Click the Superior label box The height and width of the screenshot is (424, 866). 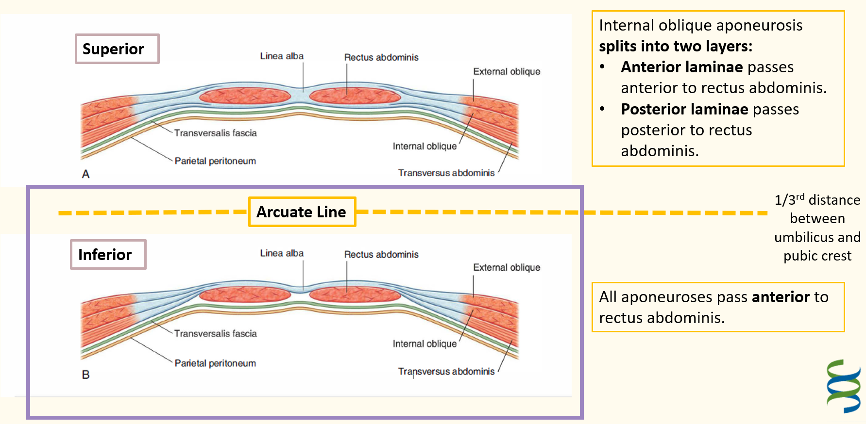pyautogui.click(x=117, y=49)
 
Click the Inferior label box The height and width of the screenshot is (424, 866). pyautogui.click(x=108, y=254)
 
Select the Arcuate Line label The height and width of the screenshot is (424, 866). pyautogui.click(x=302, y=212)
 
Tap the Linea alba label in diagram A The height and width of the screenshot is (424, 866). pyautogui.click(x=282, y=56)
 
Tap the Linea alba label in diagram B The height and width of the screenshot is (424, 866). pyautogui.click(x=282, y=253)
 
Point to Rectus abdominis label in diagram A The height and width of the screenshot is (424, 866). pyautogui.click(x=381, y=57)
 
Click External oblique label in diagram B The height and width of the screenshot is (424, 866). pyautogui.click(x=507, y=267)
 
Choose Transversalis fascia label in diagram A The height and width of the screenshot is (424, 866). pyautogui.click(x=215, y=133)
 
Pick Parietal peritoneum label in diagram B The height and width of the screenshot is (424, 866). pyautogui.click(x=215, y=363)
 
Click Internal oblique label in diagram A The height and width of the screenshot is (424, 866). pyautogui.click(x=425, y=146)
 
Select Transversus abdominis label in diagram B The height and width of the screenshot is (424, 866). pyautogui.click(x=446, y=371)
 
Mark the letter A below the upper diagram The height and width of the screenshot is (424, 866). pyautogui.click(x=86, y=174)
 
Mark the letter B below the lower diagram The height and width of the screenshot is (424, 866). pyautogui.click(x=86, y=375)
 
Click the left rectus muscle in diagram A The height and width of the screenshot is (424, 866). pyautogui.click(x=245, y=96)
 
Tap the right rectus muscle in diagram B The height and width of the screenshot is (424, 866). pyautogui.click(x=355, y=294)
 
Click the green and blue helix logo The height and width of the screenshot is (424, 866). pyautogui.click(x=844, y=386)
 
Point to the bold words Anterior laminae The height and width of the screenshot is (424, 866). pyautogui.click(x=682, y=67)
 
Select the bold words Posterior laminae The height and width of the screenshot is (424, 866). pyautogui.click(x=685, y=109)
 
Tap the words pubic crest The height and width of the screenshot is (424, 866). pyautogui.click(x=817, y=256)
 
